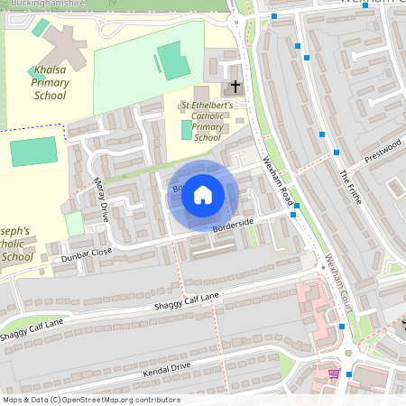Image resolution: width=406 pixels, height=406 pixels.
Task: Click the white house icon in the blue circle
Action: pyautogui.click(x=203, y=195)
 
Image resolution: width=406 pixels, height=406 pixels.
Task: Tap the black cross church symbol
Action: pyautogui.click(x=235, y=87)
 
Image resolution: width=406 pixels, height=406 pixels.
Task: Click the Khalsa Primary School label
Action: pyautogui.click(x=50, y=82)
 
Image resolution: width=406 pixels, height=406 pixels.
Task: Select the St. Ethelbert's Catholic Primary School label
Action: pyautogui.click(x=208, y=122)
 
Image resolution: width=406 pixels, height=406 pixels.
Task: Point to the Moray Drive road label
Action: pyautogui.click(x=101, y=201)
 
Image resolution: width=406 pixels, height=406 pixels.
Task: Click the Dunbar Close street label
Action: pyautogui.click(x=88, y=254)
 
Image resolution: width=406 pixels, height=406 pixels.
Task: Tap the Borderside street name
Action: pyautogui.click(x=229, y=226)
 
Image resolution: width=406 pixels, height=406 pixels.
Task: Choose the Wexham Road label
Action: pyautogui.click(x=279, y=177)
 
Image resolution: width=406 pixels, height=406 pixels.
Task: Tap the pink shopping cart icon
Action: pyautogui.click(x=334, y=373)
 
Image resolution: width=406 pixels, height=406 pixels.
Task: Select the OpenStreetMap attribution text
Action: pyautogui.click(x=90, y=400)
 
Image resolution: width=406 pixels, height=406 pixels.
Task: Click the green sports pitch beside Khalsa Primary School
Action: pyautogui.click(x=32, y=152)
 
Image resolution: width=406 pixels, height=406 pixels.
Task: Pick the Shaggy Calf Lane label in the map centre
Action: pyautogui.click(x=186, y=303)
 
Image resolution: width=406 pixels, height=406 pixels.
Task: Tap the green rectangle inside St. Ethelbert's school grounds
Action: pyautogui.click(x=187, y=129)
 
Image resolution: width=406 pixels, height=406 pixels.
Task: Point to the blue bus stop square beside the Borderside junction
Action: pyautogui.click(x=294, y=215)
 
